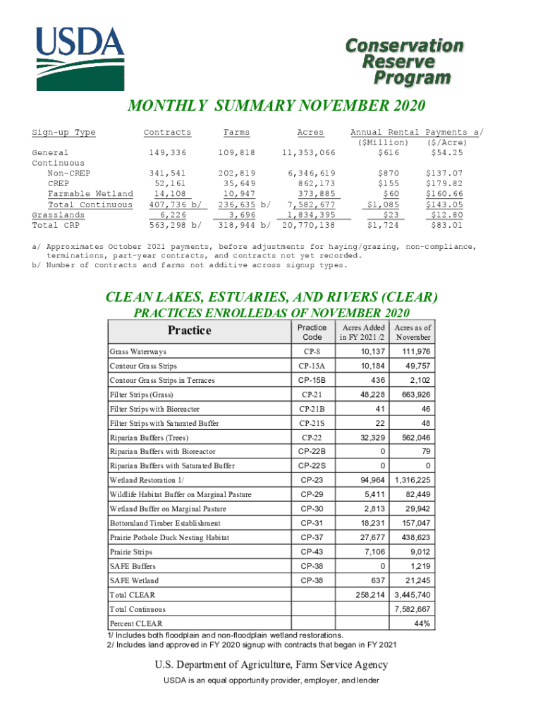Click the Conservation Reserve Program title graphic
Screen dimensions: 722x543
404,61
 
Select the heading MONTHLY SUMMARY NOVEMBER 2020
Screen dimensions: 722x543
276,106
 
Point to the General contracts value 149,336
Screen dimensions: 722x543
167,152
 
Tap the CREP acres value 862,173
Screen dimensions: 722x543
311,183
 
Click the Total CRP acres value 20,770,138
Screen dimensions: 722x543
308,226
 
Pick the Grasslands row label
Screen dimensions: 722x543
59,215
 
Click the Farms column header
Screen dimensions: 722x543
236,133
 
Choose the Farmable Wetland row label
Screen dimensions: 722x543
90,194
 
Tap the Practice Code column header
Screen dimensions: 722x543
312,332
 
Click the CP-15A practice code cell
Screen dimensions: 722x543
312,366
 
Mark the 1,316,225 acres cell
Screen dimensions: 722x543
413,480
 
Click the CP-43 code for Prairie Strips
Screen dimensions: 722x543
312,551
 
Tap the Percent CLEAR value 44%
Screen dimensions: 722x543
423,623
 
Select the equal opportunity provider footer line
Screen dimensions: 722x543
271,680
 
